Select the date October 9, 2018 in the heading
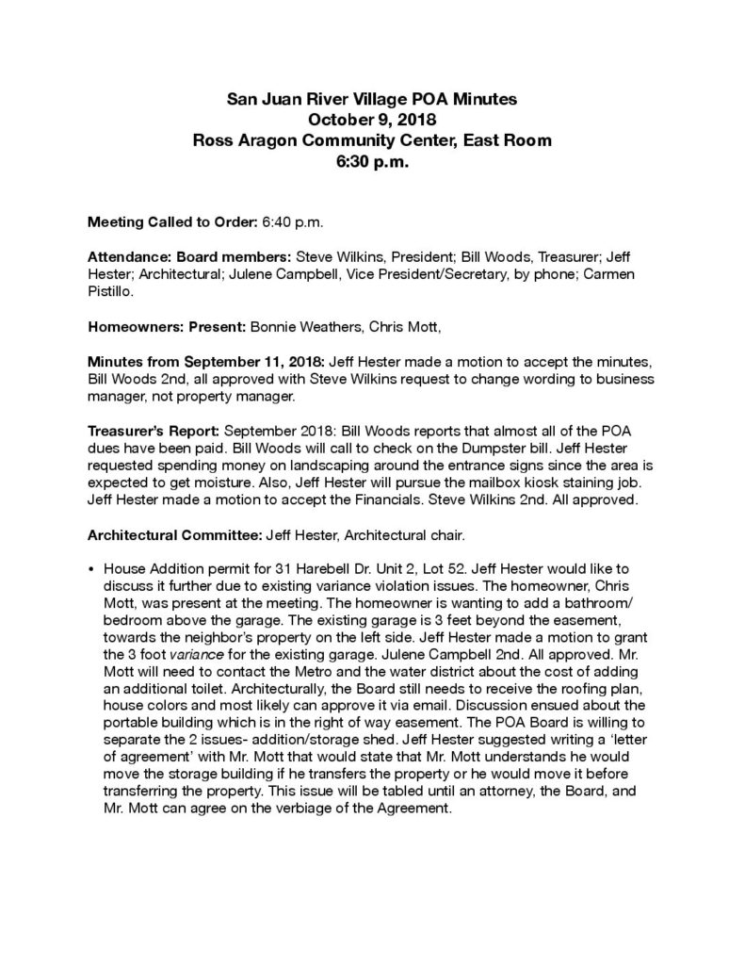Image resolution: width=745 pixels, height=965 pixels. click(372, 120)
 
